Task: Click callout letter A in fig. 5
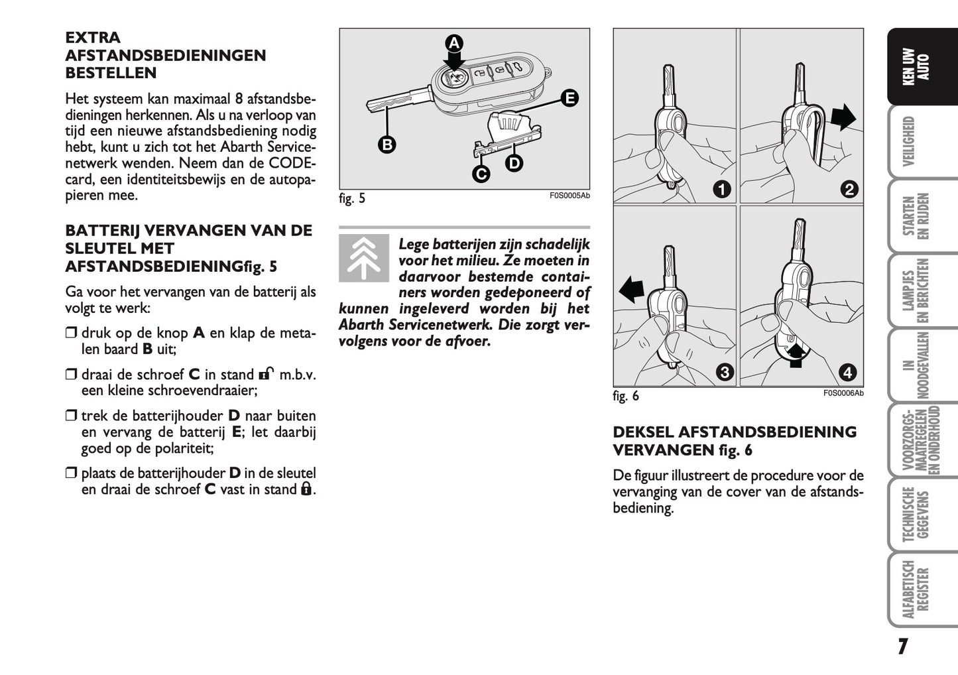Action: pos(453,44)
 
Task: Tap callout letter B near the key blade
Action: pos(387,144)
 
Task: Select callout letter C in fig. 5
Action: pos(481,174)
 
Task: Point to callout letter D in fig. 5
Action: pos(514,162)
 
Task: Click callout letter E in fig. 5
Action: pos(569,99)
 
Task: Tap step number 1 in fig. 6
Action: pos(722,189)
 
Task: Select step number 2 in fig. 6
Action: pos(849,189)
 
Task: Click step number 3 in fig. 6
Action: pos(725,372)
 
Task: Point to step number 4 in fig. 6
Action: pos(848,372)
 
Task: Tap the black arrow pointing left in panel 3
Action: pos(632,290)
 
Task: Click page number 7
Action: pos(902,646)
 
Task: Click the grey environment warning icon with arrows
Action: pos(364,259)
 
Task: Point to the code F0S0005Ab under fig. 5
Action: pos(569,196)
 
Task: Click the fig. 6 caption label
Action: pos(626,396)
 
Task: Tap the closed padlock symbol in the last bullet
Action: pos(306,489)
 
